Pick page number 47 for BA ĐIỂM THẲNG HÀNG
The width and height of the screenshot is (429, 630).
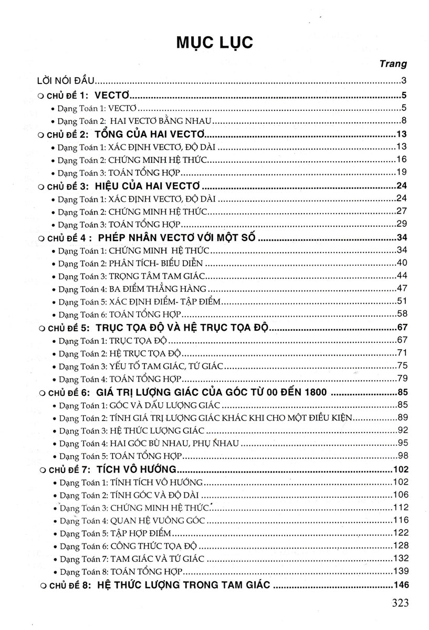click(402, 288)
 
